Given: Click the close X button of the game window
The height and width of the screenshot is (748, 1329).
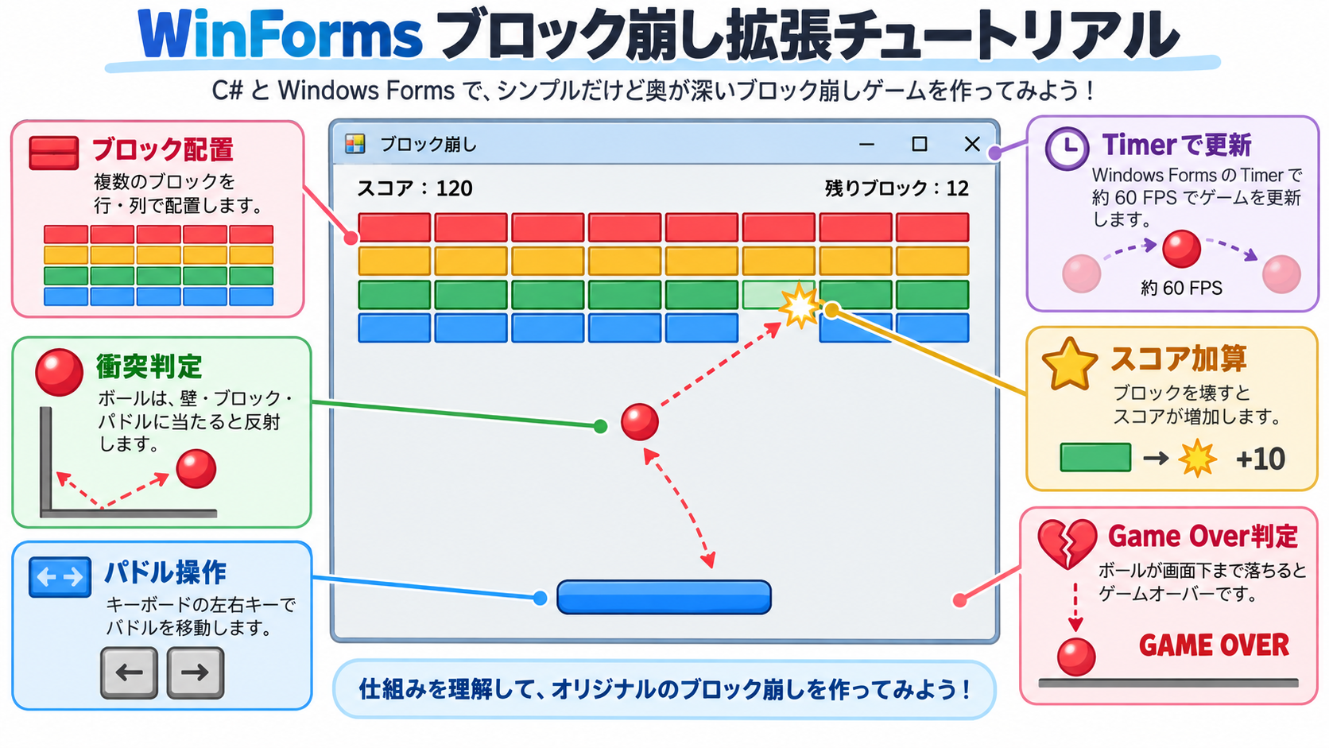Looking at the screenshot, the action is tap(972, 144).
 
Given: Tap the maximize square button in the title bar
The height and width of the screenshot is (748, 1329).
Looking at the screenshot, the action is tap(920, 144).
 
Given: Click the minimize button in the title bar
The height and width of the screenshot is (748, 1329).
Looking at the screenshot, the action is tap(867, 144).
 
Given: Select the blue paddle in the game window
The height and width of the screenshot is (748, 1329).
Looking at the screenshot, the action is tap(664, 597).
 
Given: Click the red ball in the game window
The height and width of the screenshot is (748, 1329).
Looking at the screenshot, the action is tap(640, 422).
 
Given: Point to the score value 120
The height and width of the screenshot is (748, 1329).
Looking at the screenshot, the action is tap(455, 188).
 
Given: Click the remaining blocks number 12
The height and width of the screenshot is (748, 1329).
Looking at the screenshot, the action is tap(957, 188).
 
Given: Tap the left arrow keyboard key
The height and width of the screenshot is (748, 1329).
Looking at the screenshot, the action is tap(130, 672).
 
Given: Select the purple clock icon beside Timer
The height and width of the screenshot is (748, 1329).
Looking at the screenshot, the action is tap(1067, 149).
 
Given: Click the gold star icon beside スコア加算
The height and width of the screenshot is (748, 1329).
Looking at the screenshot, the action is tap(1070, 364).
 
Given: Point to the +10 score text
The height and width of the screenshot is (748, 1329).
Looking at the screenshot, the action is tap(1260, 459).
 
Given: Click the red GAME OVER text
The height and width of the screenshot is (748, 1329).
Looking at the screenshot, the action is tap(1214, 645).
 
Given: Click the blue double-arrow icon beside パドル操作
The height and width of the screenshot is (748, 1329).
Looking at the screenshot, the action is tap(60, 576).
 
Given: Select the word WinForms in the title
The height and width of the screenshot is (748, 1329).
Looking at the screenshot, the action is tap(280, 34).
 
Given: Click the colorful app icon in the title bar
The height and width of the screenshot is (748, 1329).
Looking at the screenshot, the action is tap(355, 144).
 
